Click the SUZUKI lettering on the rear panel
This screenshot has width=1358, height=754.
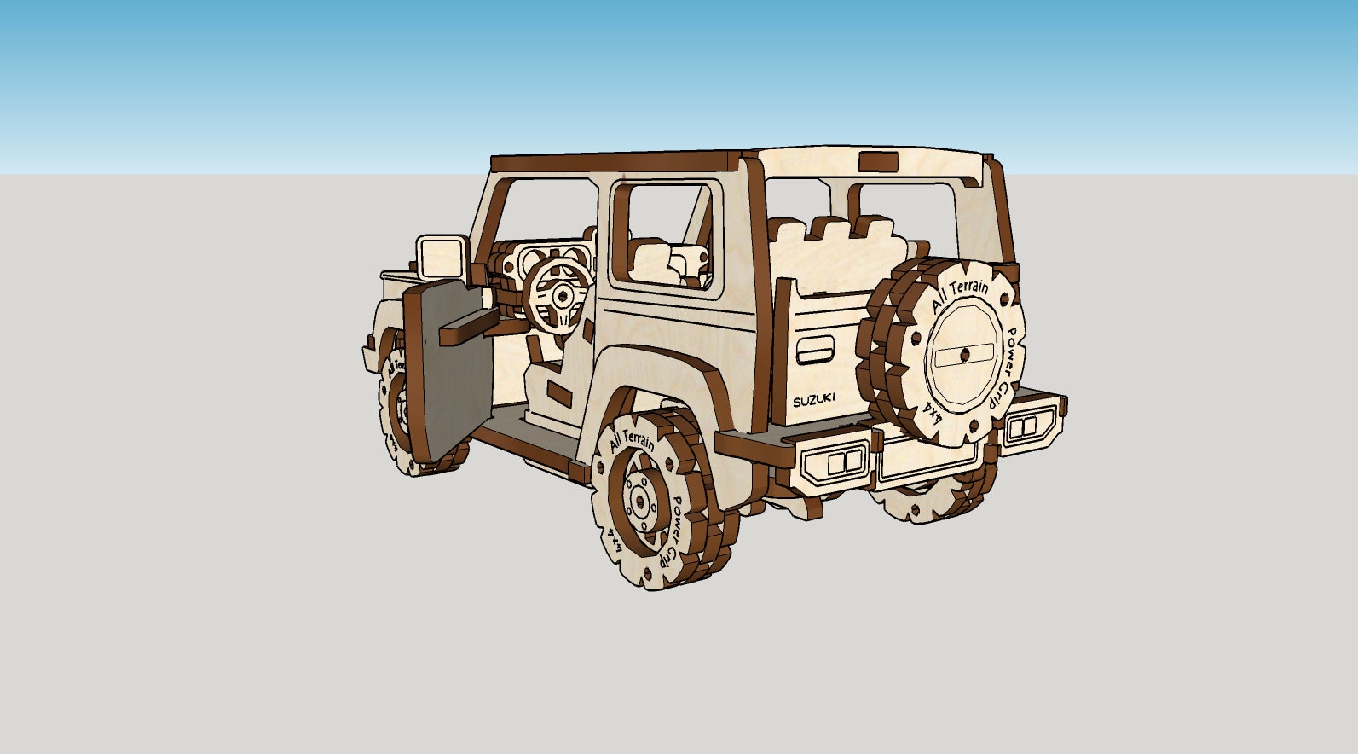point(815,400)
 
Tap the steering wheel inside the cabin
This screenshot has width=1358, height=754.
point(559,296)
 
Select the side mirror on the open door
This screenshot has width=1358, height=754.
point(441,255)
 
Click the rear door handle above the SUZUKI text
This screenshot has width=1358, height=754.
point(816,350)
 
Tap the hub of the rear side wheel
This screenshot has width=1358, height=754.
point(639,503)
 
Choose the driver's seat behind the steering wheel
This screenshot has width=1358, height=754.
point(546,367)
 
